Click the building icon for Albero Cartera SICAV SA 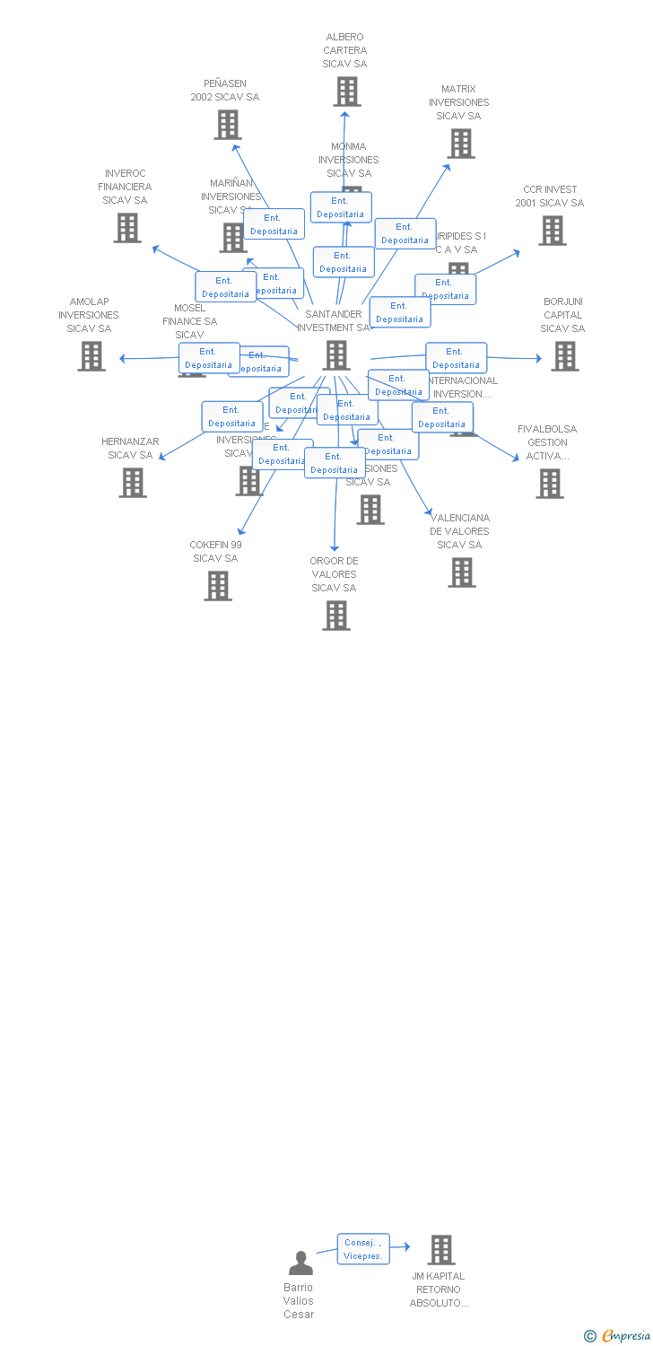click(347, 92)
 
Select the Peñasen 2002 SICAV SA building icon click(228, 125)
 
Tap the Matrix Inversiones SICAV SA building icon click(461, 144)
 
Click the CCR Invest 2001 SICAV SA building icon click(552, 231)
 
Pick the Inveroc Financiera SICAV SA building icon click(127, 228)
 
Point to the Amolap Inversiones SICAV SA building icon click(91, 356)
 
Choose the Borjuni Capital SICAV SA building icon click(564, 356)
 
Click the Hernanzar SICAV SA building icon click(133, 483)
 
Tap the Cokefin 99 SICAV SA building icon click(218, 586)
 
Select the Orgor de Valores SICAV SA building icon click(336, 616)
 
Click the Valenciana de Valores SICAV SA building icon click(462, 572)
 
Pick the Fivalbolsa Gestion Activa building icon click(550, 484)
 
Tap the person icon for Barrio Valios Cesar click(300, 1263)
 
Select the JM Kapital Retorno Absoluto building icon click(440, 1250)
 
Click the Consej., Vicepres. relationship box click(363, 1249)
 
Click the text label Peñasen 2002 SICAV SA click(224, 91)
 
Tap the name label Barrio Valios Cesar click(299, 1301)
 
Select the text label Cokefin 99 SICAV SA click(215, 552)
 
